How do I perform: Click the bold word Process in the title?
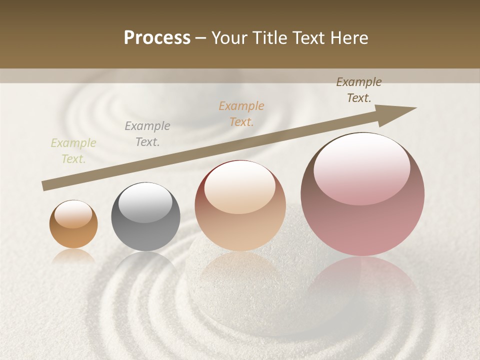pos(157,38)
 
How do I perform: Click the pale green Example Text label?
pos(73,151)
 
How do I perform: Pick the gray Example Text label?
pos(147,134)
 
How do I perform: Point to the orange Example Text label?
pos(241,113)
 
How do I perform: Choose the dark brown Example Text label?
pos(359,90)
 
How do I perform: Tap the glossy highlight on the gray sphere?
pos(145,201)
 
